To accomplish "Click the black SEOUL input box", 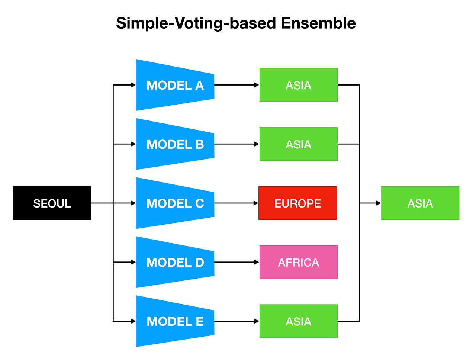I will tap(52, 203).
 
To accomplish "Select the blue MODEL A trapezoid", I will tap(175, 85).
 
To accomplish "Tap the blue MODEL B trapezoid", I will tap(175, 144).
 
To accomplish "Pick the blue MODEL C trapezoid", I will tap(175, 203).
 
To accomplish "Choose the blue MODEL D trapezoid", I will tap(175, 262).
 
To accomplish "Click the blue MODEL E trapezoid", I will tap(175, 321).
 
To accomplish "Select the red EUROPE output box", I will tap(297, 203).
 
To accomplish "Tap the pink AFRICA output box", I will tap(298, 262).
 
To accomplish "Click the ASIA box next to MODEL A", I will tap(298, 85).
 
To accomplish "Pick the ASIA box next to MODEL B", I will tap(298, 144).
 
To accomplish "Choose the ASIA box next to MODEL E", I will tap(298, 321).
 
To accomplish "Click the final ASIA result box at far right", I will tap(420, 203).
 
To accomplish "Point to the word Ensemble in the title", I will tap(318, 23).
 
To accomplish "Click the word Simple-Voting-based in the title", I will tap(196, 23).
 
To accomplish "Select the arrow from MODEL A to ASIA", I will tap(237, 85).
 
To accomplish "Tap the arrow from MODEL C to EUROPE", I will tap(236, 203).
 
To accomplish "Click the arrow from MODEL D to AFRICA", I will tap(237, 262).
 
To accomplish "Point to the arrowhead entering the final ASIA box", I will tap(379, 203).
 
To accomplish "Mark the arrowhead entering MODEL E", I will tap(134, 321).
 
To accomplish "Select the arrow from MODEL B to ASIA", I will tap(237, 144).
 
